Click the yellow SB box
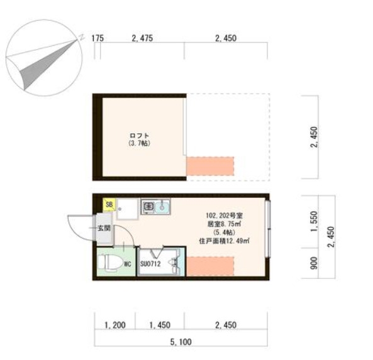point(109,204)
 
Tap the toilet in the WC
point(108,263)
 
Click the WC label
point(128,264)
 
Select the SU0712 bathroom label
point(150,263)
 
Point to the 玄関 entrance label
point(104,228)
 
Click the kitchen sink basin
point(162,207)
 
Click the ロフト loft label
point(140,136)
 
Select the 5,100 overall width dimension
point(181,342)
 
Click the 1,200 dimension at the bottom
point(115,325)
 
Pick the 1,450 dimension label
point(160,325)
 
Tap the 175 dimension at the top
point(97,38)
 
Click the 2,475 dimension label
point(142,38)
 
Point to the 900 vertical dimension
point(314,263)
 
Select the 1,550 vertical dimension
point(314,221)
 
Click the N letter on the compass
point(82,37)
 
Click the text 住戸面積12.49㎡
point(224,241)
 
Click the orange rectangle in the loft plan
point(210,166)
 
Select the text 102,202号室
point(224,215)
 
